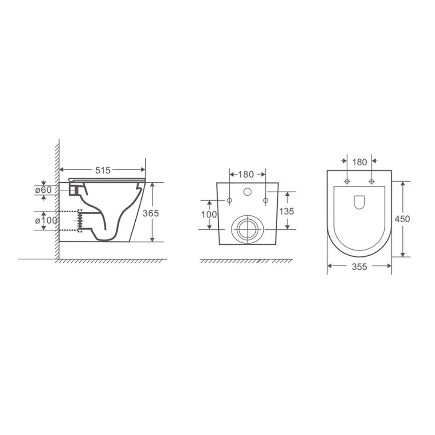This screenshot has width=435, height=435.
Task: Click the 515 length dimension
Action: pyautogui.click(x=103, y=170)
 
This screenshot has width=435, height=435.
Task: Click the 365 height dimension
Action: pyautogui.click(x=151, y=213)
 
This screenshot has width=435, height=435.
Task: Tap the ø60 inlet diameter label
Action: pyautogui.click(x=43, y=190)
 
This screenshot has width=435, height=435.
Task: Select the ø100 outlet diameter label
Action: pyautogui.click(x=46, y=221)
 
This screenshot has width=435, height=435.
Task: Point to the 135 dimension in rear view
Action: pyautogui.click(x=286, y=211)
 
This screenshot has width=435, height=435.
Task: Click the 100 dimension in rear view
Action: pyautogui.click(x=209, y=214)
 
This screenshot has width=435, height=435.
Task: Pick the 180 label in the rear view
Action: pyautogui.click(x=246, y=174)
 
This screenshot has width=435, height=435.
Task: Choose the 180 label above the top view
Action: pyautogui.click(x=360, y=162)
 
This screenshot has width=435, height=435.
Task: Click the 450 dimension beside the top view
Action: pyautogui.click(x=402, y=219)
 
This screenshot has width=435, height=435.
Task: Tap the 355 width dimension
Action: pyautogui.click(x=359, y=267)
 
